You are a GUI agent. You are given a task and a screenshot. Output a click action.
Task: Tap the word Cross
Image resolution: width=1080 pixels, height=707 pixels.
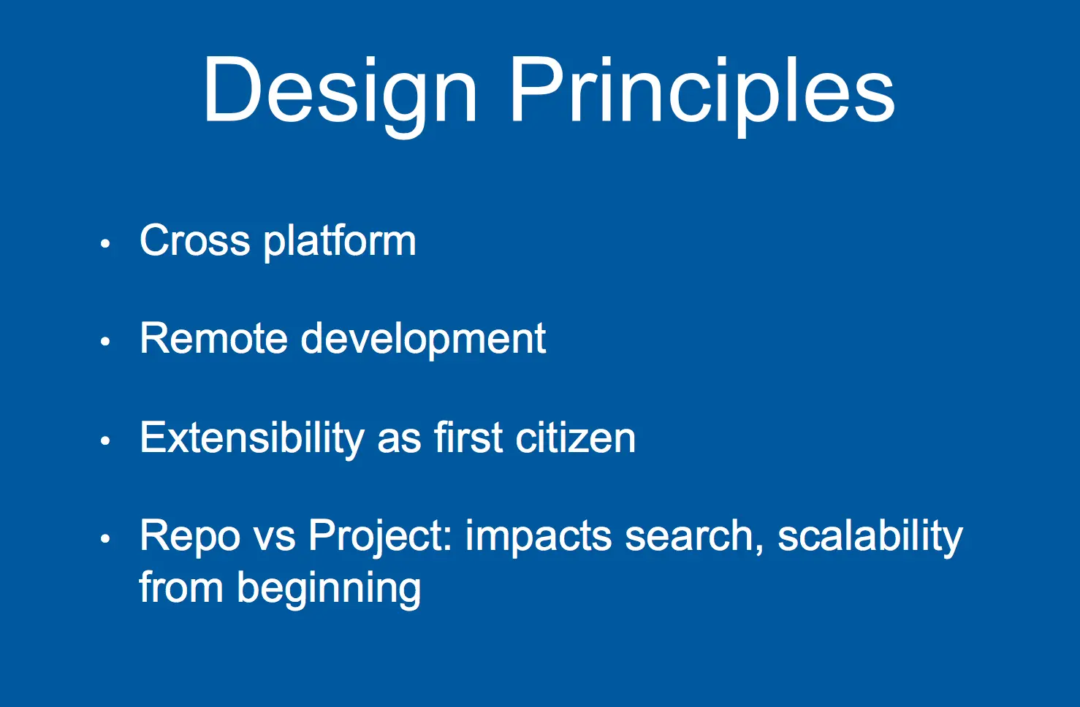[195, 240]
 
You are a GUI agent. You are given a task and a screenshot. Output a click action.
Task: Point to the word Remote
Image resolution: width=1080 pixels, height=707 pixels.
[214, 338]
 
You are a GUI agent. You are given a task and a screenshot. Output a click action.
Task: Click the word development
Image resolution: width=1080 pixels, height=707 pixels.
[423, 340]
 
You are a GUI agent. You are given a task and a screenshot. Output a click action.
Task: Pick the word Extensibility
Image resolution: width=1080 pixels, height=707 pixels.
[252, 438]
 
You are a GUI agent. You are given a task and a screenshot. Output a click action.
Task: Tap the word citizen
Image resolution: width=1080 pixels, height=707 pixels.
[576, 437]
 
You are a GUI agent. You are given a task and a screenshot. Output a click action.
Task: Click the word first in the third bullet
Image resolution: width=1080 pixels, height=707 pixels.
[468, 437]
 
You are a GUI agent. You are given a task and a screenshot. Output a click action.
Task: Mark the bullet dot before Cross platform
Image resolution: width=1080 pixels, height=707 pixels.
[106, 244]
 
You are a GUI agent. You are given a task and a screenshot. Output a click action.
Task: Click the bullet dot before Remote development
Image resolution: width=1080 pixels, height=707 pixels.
[106, 342]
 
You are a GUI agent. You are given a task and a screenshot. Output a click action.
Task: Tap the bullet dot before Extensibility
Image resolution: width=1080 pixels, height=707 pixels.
[106, 440]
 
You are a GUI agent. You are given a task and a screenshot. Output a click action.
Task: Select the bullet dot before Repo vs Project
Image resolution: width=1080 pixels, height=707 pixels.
[106, 539]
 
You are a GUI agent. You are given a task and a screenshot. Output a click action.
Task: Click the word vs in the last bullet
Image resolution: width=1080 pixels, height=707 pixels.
[274, 540]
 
